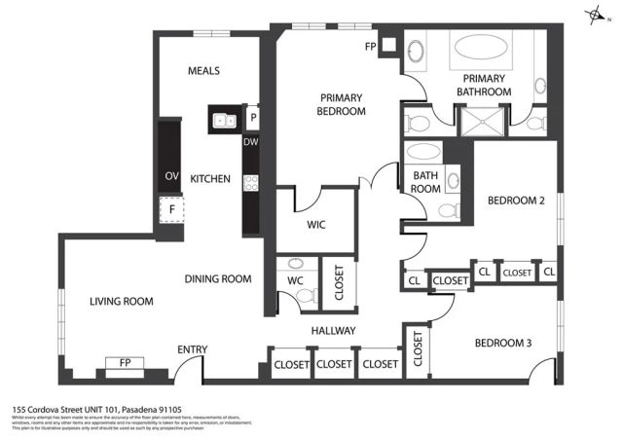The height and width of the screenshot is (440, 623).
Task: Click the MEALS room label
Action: pos(204,71)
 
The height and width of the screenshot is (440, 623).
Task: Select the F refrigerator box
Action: pos(170,208)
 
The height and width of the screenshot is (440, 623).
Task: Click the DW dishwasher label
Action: pos(250,142)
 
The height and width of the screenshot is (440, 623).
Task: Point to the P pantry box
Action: pos(252,118)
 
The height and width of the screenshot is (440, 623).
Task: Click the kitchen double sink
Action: pos(223,121)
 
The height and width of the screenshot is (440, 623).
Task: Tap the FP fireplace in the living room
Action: pos(125,363)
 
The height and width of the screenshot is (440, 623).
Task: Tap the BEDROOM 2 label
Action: pos(515,201)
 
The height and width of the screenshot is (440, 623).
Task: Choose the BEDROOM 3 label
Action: pos(503,343)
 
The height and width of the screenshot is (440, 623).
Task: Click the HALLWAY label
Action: pos(333,332)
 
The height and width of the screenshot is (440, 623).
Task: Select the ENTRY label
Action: pos(191,349)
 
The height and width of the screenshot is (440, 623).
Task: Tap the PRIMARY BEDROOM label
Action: pos(341,104)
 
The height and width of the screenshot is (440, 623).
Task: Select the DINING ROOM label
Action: pos(218,279)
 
